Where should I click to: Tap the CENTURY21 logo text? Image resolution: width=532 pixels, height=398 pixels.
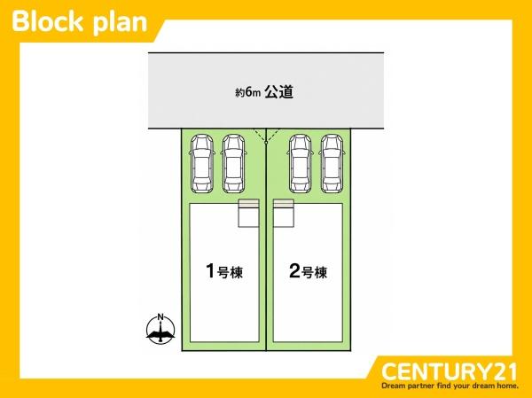(x=450, y=371)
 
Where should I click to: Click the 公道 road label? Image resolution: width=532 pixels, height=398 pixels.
(x=279, y=92)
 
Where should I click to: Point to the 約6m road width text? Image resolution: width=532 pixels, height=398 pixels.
(x=248, y=92)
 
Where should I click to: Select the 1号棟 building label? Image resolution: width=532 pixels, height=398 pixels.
(x=224, y=271)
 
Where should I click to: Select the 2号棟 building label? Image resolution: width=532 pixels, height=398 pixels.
(x=308, y=271)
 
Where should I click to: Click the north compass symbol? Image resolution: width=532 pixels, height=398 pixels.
(x=160, y=329)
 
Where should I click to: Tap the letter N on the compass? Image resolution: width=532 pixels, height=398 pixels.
(x=160, y=317)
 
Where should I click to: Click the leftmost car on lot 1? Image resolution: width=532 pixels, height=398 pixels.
(x=202, y=163)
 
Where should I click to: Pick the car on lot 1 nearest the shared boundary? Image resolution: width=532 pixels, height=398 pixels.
(x=233, y=163)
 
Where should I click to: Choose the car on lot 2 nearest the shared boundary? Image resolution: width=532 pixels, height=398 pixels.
(x=301, y=163)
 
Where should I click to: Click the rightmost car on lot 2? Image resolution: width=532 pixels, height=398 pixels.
(x=332, y=163)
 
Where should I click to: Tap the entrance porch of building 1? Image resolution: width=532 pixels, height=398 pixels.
(x=248, y=213)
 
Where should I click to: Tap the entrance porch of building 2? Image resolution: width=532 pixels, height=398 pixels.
(x=284, y=213)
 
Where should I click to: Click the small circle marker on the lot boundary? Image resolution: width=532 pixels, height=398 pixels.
(x=266, y=143)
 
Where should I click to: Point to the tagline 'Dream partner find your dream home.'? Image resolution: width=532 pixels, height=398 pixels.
(x=450, y=386)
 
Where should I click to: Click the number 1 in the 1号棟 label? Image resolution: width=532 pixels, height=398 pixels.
(x=210, y=270)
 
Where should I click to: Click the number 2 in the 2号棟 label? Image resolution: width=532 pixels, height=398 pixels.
(x=295, y=270)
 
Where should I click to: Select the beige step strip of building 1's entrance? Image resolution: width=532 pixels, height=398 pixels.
(x=248, y=203)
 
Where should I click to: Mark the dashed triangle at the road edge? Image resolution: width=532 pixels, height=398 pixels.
(x=266, y=135)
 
